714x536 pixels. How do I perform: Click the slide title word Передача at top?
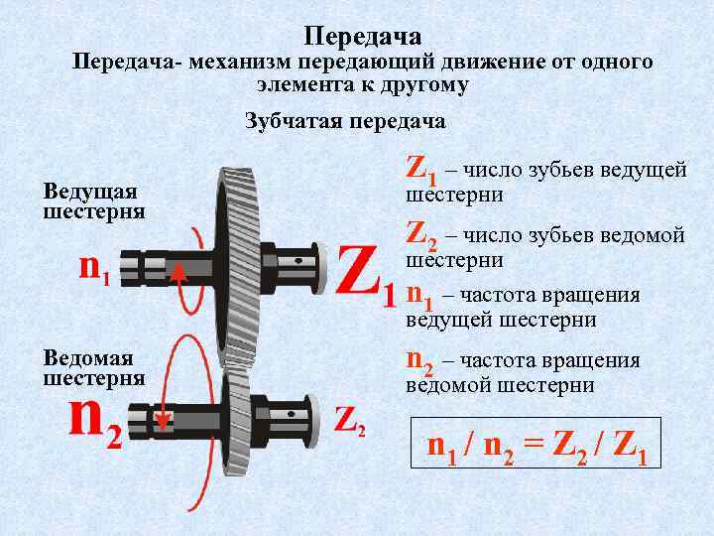(363, 37)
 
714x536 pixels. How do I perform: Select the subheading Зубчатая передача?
(345, 122)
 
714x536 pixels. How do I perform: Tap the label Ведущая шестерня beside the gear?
(94, 201)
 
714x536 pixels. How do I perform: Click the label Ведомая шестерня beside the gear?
(94, 367)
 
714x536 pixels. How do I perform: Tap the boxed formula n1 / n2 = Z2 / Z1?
(536, 446)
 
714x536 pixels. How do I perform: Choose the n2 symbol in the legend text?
(420, 363)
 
